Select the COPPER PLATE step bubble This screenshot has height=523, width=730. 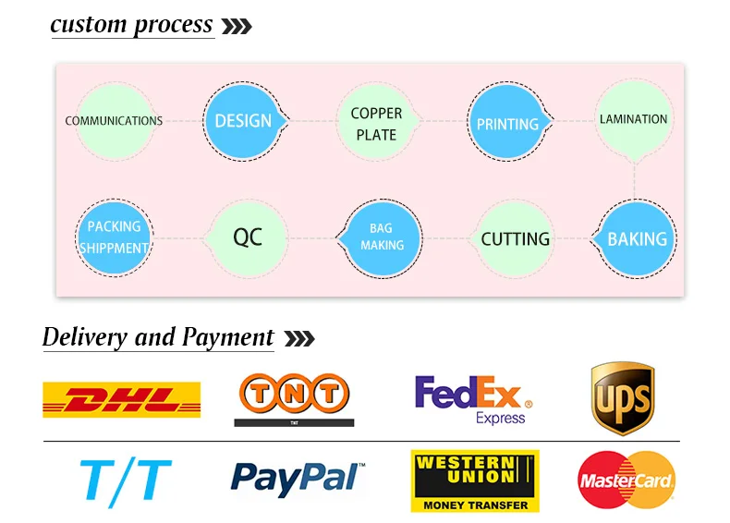(376, 121)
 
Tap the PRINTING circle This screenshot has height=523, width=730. (508, 121)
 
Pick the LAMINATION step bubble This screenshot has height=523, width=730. (634, 119)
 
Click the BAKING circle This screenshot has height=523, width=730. (635, 238)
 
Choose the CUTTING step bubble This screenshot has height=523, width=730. (514, 238)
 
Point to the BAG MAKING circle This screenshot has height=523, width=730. (381, 238)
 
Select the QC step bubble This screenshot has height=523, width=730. (248, 238)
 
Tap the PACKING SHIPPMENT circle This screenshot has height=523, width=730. (114, 237)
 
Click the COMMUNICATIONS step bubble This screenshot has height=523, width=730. (114, 121)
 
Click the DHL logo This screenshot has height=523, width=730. (121, 399)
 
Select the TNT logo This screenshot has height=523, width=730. (294, 399)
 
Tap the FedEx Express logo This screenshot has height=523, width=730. (474, 399)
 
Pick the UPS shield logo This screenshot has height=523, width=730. (623, 398)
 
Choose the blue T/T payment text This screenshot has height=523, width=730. (126, 481)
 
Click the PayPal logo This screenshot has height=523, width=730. (298, 479)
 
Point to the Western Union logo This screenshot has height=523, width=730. (475, 480)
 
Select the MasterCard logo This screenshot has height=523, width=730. (627, 480)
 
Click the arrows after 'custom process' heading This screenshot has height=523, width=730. (237, 26)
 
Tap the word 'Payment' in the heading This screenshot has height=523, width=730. (227, 337)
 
